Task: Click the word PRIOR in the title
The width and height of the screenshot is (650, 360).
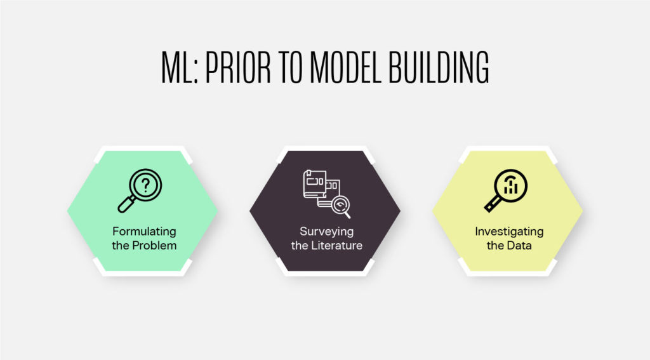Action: click(238, 67)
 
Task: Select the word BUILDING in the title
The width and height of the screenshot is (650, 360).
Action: click(439, 67)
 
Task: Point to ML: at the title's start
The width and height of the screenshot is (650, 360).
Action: click(180, 67)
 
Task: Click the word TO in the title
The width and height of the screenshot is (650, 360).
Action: click(290, 67)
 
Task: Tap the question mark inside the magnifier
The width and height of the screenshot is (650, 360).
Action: click(145, 185)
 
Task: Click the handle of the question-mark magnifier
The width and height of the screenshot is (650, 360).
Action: click(126, 204)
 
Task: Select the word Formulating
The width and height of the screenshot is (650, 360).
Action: click(144, 231)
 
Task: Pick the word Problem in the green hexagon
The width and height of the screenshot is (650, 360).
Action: click(154, 246)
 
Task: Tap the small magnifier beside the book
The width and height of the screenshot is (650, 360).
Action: click(341, 207)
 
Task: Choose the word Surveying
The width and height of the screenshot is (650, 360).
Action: click(327, 231)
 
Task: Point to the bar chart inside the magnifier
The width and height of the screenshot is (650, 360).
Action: click(511, 185)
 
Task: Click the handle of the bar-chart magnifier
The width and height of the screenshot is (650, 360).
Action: click(492, 204)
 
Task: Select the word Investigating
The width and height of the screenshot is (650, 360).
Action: click(509, 231)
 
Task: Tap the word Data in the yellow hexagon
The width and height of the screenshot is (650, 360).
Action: click(519, 246)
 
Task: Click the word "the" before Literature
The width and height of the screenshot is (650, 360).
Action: click(300, 246)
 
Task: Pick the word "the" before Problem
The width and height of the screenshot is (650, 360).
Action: click(120, 246)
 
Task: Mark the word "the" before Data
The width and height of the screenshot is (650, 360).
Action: click(495, 246)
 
